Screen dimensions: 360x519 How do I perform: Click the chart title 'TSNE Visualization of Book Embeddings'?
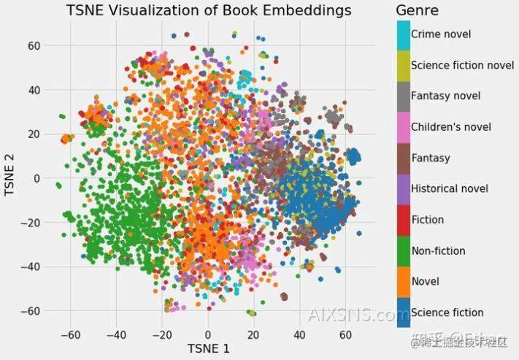point(208,10)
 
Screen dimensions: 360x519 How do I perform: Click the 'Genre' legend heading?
point(417,10)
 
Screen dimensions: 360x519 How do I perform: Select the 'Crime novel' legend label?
point(441,34)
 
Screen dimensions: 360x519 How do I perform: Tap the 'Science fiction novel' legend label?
point(463,65)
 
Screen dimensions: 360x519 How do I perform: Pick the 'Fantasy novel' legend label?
point(446,96)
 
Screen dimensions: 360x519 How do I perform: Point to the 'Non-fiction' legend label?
point(438,250)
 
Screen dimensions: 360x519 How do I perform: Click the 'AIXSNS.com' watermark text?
point(358,315)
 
